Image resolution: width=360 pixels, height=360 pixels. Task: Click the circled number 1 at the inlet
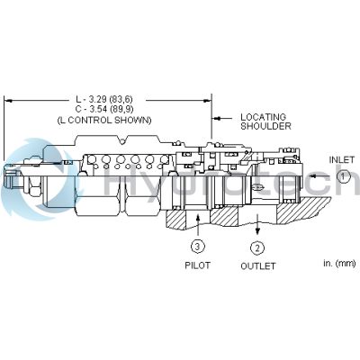click(x=343, y=176)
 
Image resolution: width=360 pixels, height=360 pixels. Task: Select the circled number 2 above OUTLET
click(x=257, y=248)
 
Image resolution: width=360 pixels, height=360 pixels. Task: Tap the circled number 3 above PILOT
click(x=197, y=247)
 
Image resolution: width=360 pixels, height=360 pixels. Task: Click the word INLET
click(x=342, y=160)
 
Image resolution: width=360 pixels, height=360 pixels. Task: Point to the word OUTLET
click(x=258, y=265)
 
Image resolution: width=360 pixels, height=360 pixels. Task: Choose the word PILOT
click(x=197, y=265)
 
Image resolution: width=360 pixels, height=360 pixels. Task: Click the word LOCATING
click(x=264, y=117)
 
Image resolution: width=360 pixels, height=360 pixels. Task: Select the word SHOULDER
click(x=265, y=126)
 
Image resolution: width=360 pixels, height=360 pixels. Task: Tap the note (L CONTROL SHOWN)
click(x=104, y=121)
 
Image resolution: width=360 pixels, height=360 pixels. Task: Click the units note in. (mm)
click(x=339, y=264)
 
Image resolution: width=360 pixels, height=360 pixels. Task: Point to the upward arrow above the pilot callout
click(x=197, y=225)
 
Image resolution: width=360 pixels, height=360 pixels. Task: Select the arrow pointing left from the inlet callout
click(x=321, y=176)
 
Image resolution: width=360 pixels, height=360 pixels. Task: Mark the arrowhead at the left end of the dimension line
click(x=7, y=101)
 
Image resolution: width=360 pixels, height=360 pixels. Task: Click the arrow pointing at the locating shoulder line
click(x=222, y=118)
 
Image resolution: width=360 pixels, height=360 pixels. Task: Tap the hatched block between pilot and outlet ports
click(x=224, y=216)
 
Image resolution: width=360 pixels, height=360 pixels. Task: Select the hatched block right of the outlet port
click(x=303, y=211)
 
